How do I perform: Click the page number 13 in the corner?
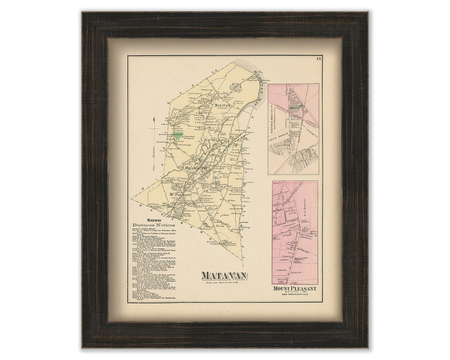[x=318, y=58]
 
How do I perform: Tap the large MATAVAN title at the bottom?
[x=224, y=276]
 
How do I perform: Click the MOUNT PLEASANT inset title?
[x=295, y=288]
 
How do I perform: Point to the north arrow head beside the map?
[x=154, y=120]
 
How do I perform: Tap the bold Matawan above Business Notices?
[x=156, y=220]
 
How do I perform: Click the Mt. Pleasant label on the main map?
[x=180, y=194]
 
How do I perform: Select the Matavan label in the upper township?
[x=222, y=106]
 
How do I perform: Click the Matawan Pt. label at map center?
[x=193, y=167]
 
